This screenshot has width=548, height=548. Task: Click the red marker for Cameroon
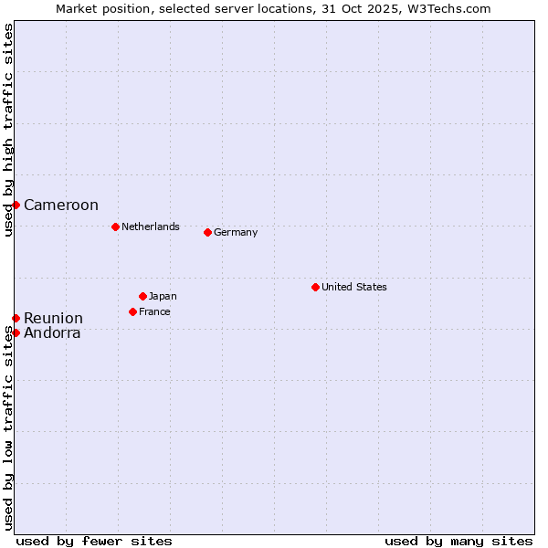tap(16, 205)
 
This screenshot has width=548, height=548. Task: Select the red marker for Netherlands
tap(115, 227)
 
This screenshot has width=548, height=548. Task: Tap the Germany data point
tap(207, 232)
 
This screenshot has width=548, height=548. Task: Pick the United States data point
tap(315, 287)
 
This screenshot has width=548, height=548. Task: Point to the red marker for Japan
tap(142, 296)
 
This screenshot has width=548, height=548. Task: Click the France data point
tap(132, 311)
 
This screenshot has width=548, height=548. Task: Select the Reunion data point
tap(16, 318)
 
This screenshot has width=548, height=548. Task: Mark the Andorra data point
tap(16, 332)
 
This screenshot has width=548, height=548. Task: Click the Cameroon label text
tap(61, 205)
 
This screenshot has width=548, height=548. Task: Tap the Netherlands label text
tap(151, 227)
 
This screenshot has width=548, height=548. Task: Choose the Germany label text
tap(236, 232)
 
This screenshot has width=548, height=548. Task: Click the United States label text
tap(354, 287)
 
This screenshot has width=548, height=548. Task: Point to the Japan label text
tap(163, 296)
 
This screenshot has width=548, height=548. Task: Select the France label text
tap(154, 311)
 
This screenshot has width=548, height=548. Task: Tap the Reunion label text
tap(53, 319)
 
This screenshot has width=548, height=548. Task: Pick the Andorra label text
tap(52, 333)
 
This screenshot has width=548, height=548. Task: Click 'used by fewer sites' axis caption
tap(94, 541)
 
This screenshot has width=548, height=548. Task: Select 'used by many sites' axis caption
tap(458, 541)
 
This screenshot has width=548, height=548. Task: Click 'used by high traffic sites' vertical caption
tap(8, 130)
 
